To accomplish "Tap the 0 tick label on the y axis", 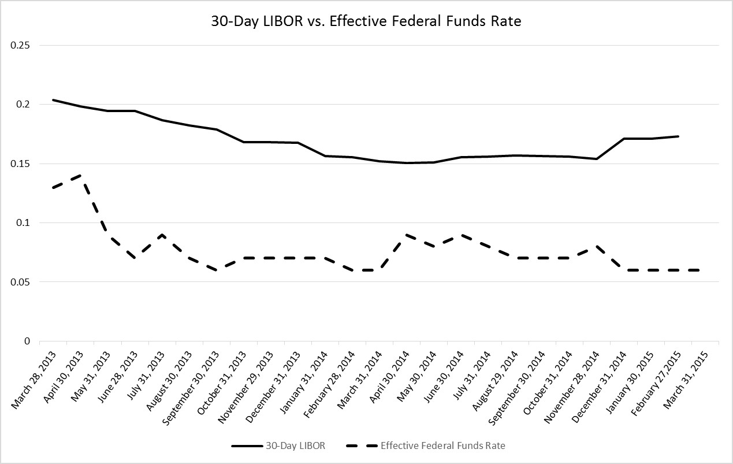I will click(27, 341).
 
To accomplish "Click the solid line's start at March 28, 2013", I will click(54, 100).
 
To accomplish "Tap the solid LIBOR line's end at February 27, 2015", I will click(678, 136).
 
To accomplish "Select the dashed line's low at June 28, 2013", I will click(135, 258).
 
